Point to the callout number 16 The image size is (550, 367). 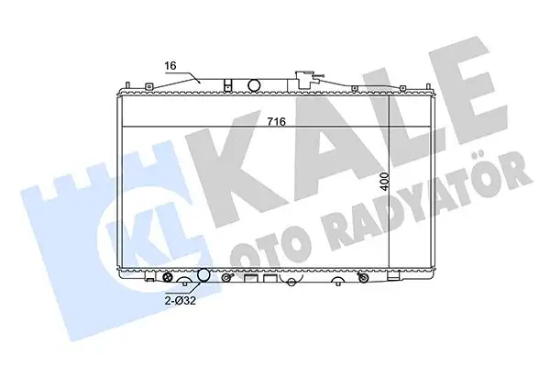coord(170,66)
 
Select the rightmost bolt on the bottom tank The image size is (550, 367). coord(365,277)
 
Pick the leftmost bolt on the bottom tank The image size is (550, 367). coord(167,276)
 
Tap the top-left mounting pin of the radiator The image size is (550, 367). coord(121,89)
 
